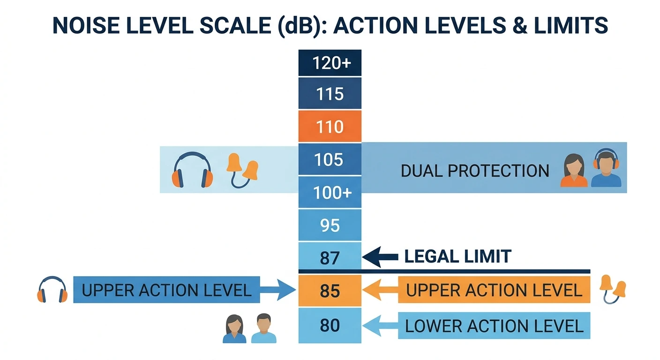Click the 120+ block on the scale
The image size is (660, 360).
[330, 63]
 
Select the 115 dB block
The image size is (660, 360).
[330, 93]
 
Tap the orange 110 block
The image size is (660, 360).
[330, 127]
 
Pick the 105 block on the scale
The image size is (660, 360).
[330, 159]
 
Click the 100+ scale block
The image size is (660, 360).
[330, 192]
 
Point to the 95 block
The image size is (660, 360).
[330, 225]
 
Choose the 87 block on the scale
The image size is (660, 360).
[330, 256]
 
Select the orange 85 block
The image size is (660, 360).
[330, 291]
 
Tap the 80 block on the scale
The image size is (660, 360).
[330, 325]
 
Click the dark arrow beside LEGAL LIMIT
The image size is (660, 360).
[380, 257]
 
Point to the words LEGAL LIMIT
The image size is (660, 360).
[457, 256]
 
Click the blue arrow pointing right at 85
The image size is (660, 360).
[278, 290]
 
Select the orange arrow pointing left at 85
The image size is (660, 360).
[380, 290]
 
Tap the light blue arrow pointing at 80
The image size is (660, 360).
[380, 326]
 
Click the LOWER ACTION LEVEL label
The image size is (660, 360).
[494, 326]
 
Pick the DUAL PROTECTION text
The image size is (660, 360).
[475, 171]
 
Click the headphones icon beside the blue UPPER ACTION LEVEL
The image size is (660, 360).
[52, 289]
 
